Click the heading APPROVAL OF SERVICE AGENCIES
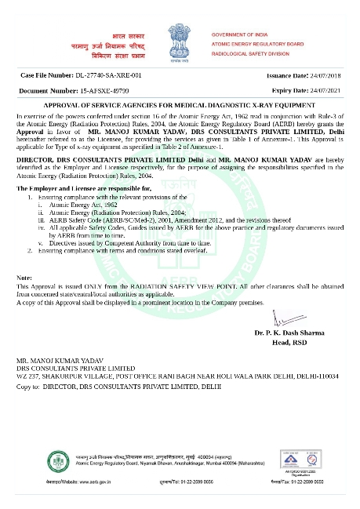tap(180, 104)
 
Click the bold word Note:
tap(25, 278)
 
